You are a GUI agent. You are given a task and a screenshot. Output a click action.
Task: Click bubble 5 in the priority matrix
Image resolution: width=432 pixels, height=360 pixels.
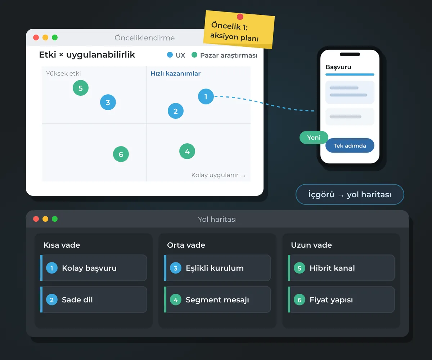81,88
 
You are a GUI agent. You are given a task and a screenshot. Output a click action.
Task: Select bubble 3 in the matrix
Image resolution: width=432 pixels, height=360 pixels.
108,102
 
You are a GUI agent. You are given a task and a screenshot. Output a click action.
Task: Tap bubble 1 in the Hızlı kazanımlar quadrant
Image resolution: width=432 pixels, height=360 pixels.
206,96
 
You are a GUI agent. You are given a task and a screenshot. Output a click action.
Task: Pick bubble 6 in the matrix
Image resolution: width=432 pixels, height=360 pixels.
121,154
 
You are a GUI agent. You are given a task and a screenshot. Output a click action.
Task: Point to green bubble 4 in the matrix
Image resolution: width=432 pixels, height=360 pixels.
187,151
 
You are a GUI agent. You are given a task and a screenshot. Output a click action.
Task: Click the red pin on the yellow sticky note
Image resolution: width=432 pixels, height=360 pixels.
240,17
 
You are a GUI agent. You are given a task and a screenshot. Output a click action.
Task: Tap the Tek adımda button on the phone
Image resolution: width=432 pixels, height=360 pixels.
350,145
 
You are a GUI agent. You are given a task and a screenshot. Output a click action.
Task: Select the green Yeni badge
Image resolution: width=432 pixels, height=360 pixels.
314,138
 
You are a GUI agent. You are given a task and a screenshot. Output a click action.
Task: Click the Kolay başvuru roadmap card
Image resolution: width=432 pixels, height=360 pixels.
94,268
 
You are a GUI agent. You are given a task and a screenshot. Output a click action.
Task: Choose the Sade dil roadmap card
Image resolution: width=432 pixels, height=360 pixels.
94,300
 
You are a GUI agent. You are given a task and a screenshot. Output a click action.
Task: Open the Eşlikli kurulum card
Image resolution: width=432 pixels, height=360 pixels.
217,268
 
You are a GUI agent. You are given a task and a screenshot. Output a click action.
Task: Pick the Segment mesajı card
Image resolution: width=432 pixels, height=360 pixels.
217,300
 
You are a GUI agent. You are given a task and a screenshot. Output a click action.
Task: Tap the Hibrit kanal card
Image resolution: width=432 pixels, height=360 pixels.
341,268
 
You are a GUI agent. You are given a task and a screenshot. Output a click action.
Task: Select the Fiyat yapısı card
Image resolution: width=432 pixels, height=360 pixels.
341,300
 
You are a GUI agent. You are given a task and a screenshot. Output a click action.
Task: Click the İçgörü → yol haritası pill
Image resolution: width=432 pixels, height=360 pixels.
350,194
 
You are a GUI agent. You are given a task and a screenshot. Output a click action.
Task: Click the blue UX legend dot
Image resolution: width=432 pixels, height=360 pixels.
170,55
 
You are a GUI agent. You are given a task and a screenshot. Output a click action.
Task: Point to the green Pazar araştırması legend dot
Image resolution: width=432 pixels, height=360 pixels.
194,55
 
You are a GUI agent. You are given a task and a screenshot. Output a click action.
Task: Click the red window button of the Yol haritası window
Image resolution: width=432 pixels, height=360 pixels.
36,219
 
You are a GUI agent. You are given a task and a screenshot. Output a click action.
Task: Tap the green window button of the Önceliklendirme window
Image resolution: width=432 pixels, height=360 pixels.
55,37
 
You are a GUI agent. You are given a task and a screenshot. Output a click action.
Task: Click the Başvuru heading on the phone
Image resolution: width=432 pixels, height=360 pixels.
338,67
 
